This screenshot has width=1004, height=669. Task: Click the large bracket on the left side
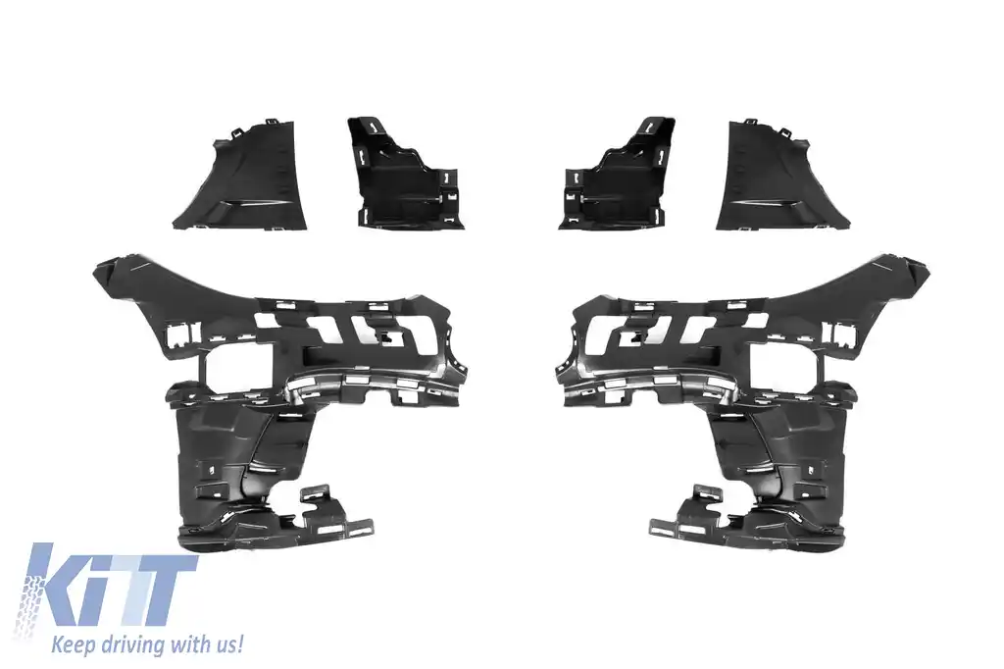(x=275, y=392)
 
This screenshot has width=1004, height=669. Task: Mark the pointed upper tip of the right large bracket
(x=923, y=266)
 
